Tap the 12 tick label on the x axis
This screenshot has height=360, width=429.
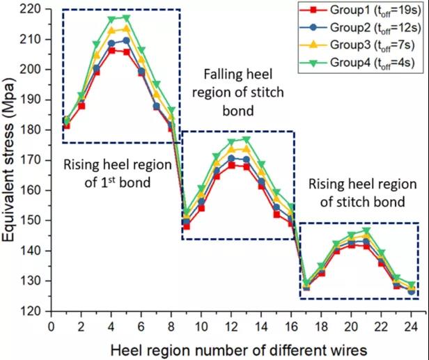(232, 324)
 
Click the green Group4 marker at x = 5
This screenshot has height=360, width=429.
(126, 17)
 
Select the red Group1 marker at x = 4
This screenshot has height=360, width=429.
(111, 50)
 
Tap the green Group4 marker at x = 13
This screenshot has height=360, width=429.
(247, 139)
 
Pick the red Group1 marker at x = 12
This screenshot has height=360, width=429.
(231, 165)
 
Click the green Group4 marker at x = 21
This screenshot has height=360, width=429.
(367, 230)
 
